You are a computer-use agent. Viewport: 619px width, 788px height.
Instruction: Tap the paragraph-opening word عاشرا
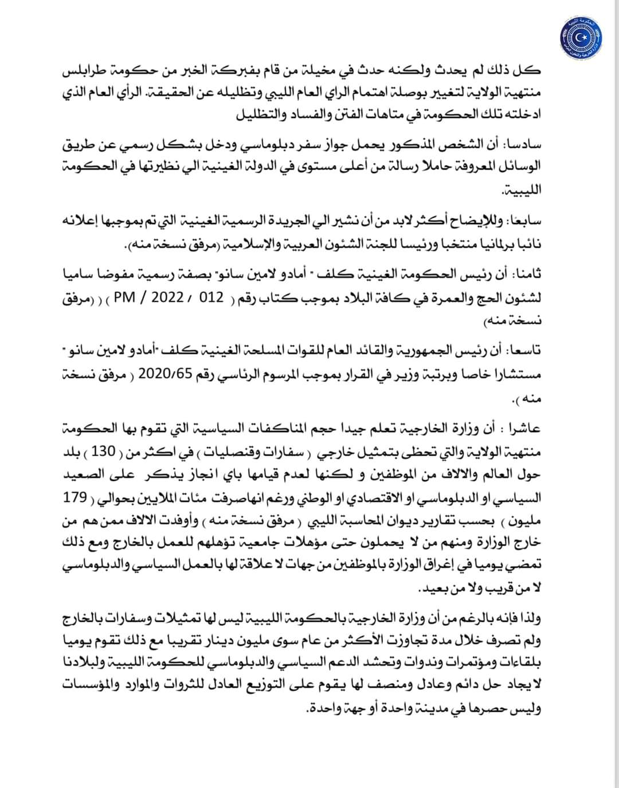pos(520,428)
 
